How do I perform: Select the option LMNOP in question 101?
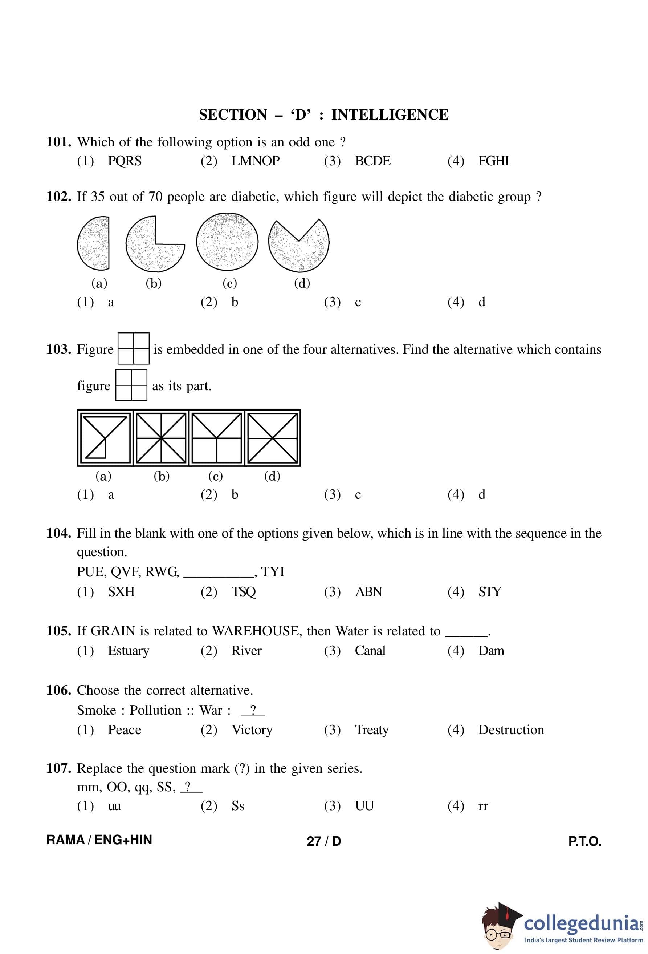(255, 161)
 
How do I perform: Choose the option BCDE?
(372, 161)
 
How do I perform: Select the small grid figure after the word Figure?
(133, 348)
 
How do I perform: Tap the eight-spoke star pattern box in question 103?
(161, 438)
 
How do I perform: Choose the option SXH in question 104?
(121, 591)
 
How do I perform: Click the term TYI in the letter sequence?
(272, 571)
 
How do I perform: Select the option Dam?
(491, 651)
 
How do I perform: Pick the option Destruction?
(511, 730)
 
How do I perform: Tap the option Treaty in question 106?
(372, 730)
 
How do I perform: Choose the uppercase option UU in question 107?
(364, 806)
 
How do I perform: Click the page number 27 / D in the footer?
(323, 841)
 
